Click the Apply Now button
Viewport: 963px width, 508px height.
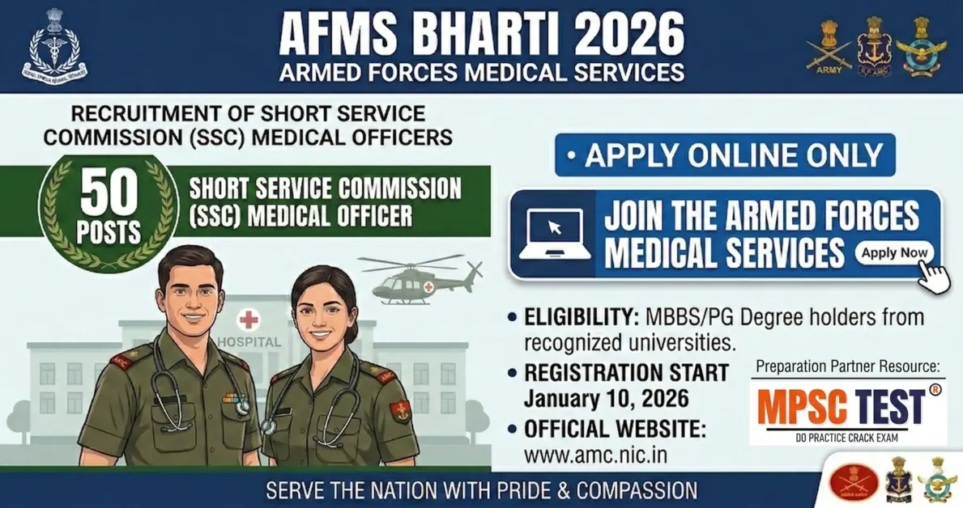click(894, 253)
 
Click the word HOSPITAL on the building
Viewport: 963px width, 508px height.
click(249, 341)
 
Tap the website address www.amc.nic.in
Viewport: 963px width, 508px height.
click(595, 455)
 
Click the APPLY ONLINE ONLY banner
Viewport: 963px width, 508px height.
click(725, 155)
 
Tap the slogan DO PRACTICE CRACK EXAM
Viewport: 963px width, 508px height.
click(847, 438)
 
